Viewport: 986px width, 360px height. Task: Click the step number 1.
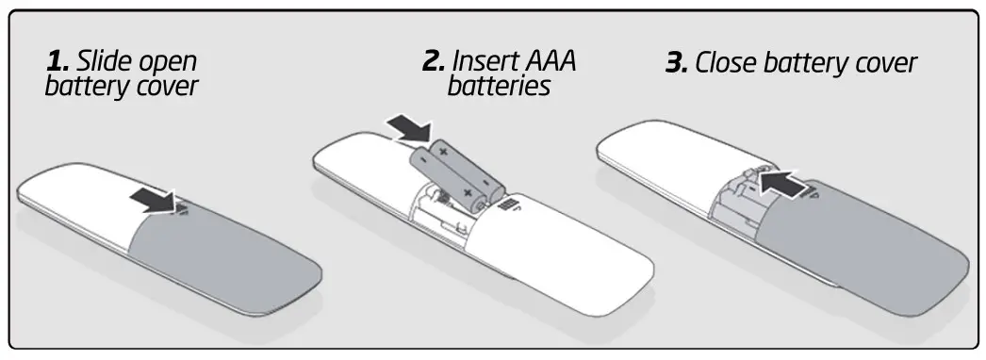(x=58, y=63)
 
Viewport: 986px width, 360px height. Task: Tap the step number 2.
(x=433, y=62)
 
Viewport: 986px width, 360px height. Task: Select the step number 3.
(x=677, y=64)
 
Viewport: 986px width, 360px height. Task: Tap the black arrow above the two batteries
(x=407, y=129)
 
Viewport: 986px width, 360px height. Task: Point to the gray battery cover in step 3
(x=867, y=245)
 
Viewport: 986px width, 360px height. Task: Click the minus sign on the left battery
(x=423, y=159)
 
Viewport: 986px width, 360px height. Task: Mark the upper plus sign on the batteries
(x=442, y=152)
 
